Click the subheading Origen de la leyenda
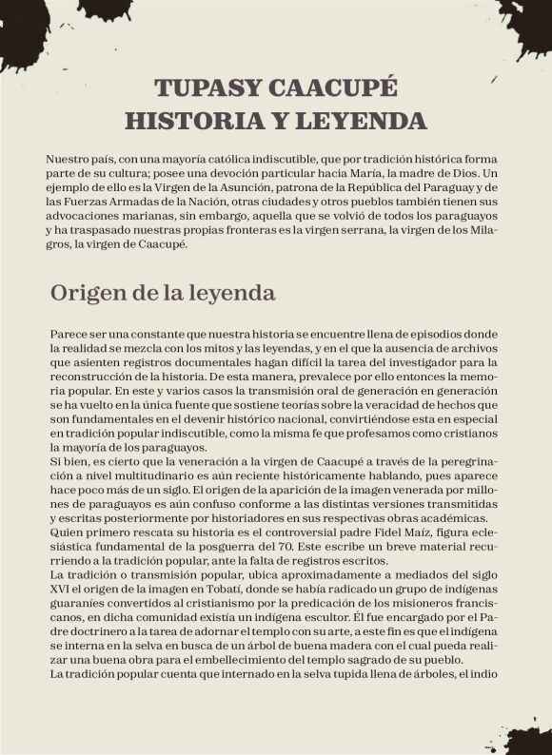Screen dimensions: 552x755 click(163, 293)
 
